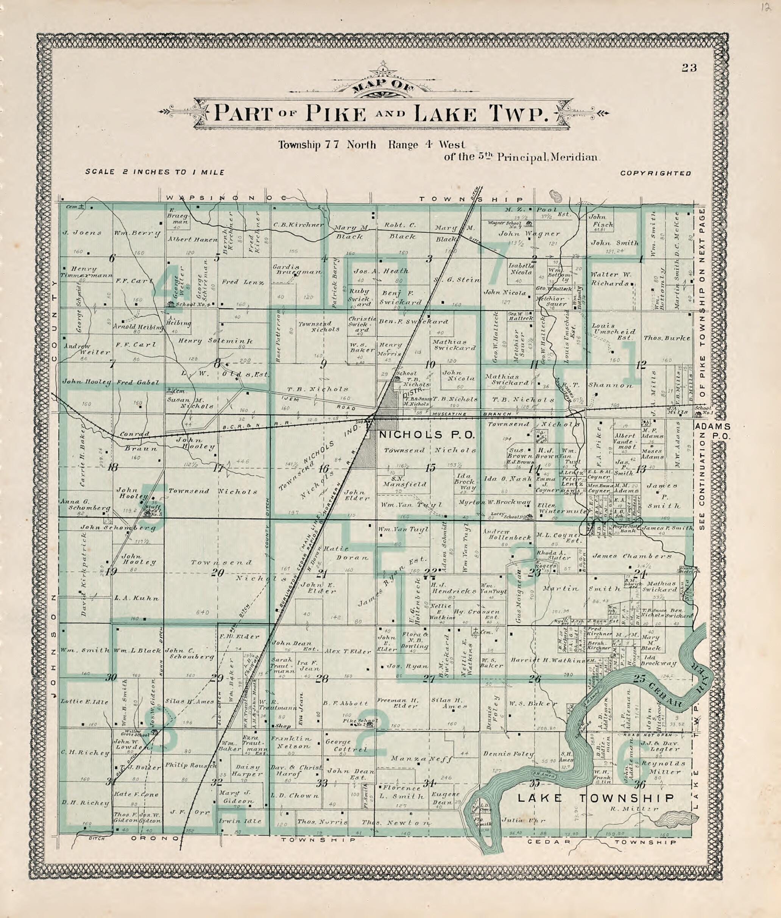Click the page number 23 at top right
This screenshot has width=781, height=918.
coord(689,68)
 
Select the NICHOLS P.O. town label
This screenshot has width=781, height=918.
coord(426,435)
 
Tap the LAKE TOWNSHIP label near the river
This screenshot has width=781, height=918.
coord(596,798)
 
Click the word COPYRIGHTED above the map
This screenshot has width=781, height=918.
coord(655,173)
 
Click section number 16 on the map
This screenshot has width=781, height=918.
coord(324,469)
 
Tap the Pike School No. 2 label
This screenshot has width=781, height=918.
coord(366,721)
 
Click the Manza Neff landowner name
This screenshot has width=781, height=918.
coord(421,759)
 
